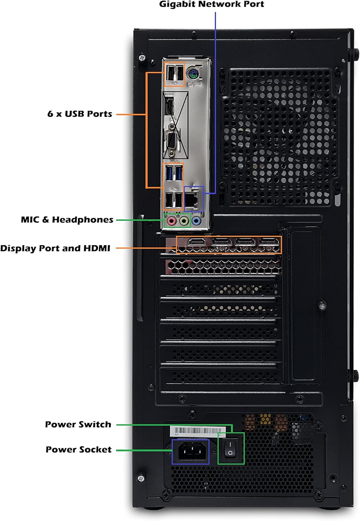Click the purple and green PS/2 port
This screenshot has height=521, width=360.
[192, 74]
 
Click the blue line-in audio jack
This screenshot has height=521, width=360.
[196, 221]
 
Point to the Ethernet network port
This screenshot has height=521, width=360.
[192, 200]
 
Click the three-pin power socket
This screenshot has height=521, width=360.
[190, 452]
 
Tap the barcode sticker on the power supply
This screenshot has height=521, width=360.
[197, 431]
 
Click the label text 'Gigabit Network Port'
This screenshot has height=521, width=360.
[211, 5]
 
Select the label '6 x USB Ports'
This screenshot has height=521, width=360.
[80, 114]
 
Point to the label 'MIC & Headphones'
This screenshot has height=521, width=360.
[67, 220]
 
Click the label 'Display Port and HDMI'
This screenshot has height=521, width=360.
[55, 248]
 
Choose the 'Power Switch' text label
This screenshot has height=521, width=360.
[78, 424]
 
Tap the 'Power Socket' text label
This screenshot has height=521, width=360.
[79, 449]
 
